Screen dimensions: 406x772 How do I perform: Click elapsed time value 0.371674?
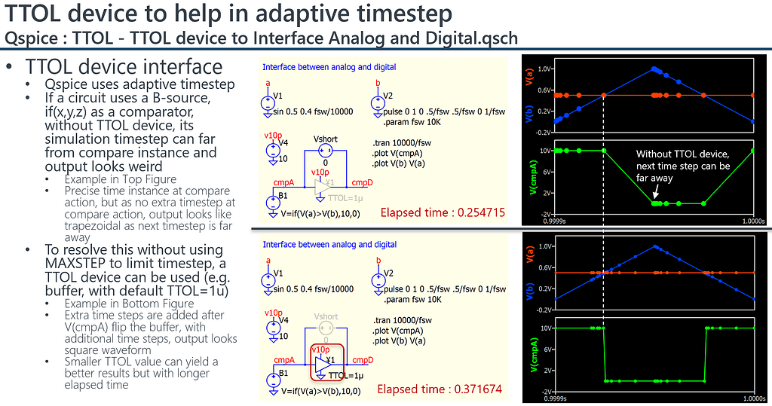click(480, 389)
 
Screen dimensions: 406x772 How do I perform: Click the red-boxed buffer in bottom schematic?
click(326, 362)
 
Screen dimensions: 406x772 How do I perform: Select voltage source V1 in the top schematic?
click(268, 105)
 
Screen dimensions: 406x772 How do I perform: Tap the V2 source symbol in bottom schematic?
click(377, 280)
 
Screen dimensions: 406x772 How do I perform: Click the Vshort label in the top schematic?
click(325, 139)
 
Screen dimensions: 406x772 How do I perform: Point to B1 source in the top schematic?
click(272, 202)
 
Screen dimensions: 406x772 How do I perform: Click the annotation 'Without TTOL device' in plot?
click(682, 154)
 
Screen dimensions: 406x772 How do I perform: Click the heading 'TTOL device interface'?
click(124, 68)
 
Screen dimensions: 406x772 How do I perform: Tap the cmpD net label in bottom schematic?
click(362, 360)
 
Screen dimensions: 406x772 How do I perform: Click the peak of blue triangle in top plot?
click(654, 69)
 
